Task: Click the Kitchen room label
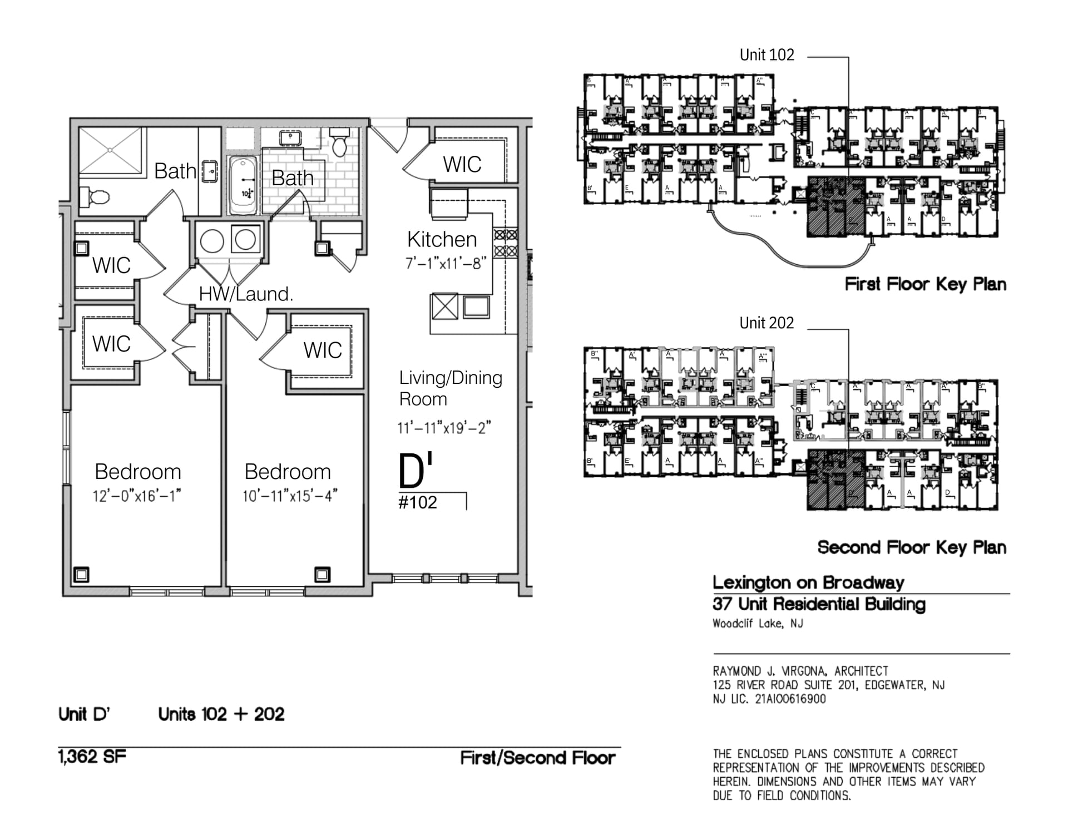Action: (x=442, y=240)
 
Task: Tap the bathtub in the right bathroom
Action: (x=243, y=185)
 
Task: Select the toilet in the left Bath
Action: (x=95, y=197)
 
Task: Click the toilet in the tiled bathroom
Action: (x=339, y=143)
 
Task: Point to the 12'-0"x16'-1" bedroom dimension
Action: (x=137, y=496)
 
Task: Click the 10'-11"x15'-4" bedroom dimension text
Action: (x=290, y=496)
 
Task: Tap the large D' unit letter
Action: (x=415, y=471)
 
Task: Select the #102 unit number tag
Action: (x=418, y=503)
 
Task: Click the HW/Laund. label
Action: (x=246, y=294)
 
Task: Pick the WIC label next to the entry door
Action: (x=462, y=165)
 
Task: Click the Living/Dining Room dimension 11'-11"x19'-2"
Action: (x=444, y=428)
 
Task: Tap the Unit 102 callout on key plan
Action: (x=767, y=55)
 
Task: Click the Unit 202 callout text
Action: (x=767, y=323)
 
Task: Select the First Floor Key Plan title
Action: (x=925, y=284)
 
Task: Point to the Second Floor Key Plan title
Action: (x=912, y=547)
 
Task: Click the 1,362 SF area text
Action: (x=92, y=757)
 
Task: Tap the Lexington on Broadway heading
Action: (x=808, y=582)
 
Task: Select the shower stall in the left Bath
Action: (x=110, y=150)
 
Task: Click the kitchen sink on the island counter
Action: (x=476, y=307)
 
